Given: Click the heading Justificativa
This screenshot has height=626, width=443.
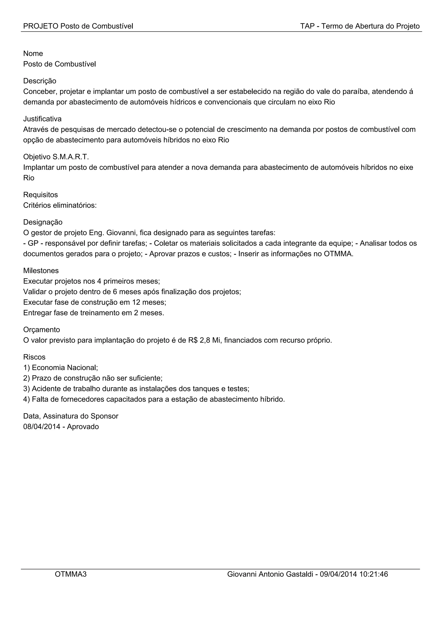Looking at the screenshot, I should point(42,119).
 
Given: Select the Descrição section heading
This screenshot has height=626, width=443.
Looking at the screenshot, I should point(40,81).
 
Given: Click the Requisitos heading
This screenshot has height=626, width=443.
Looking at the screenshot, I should point(40,195).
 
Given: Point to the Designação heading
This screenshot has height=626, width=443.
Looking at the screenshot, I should point(43,222).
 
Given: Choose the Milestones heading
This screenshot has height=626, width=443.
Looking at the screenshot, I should point(41,270).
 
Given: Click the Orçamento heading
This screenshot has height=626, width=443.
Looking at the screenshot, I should point(42,330).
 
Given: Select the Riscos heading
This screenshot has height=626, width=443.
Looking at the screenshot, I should point(34,357).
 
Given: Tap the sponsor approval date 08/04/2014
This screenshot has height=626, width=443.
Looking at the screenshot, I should point(42,427).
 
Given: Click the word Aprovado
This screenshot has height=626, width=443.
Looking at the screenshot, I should point(83,427).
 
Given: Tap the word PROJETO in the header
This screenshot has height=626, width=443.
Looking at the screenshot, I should point(41,26).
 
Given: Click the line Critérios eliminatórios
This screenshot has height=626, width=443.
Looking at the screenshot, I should point(60,205).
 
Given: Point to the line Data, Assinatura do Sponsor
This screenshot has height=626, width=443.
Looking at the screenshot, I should point(71,416).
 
